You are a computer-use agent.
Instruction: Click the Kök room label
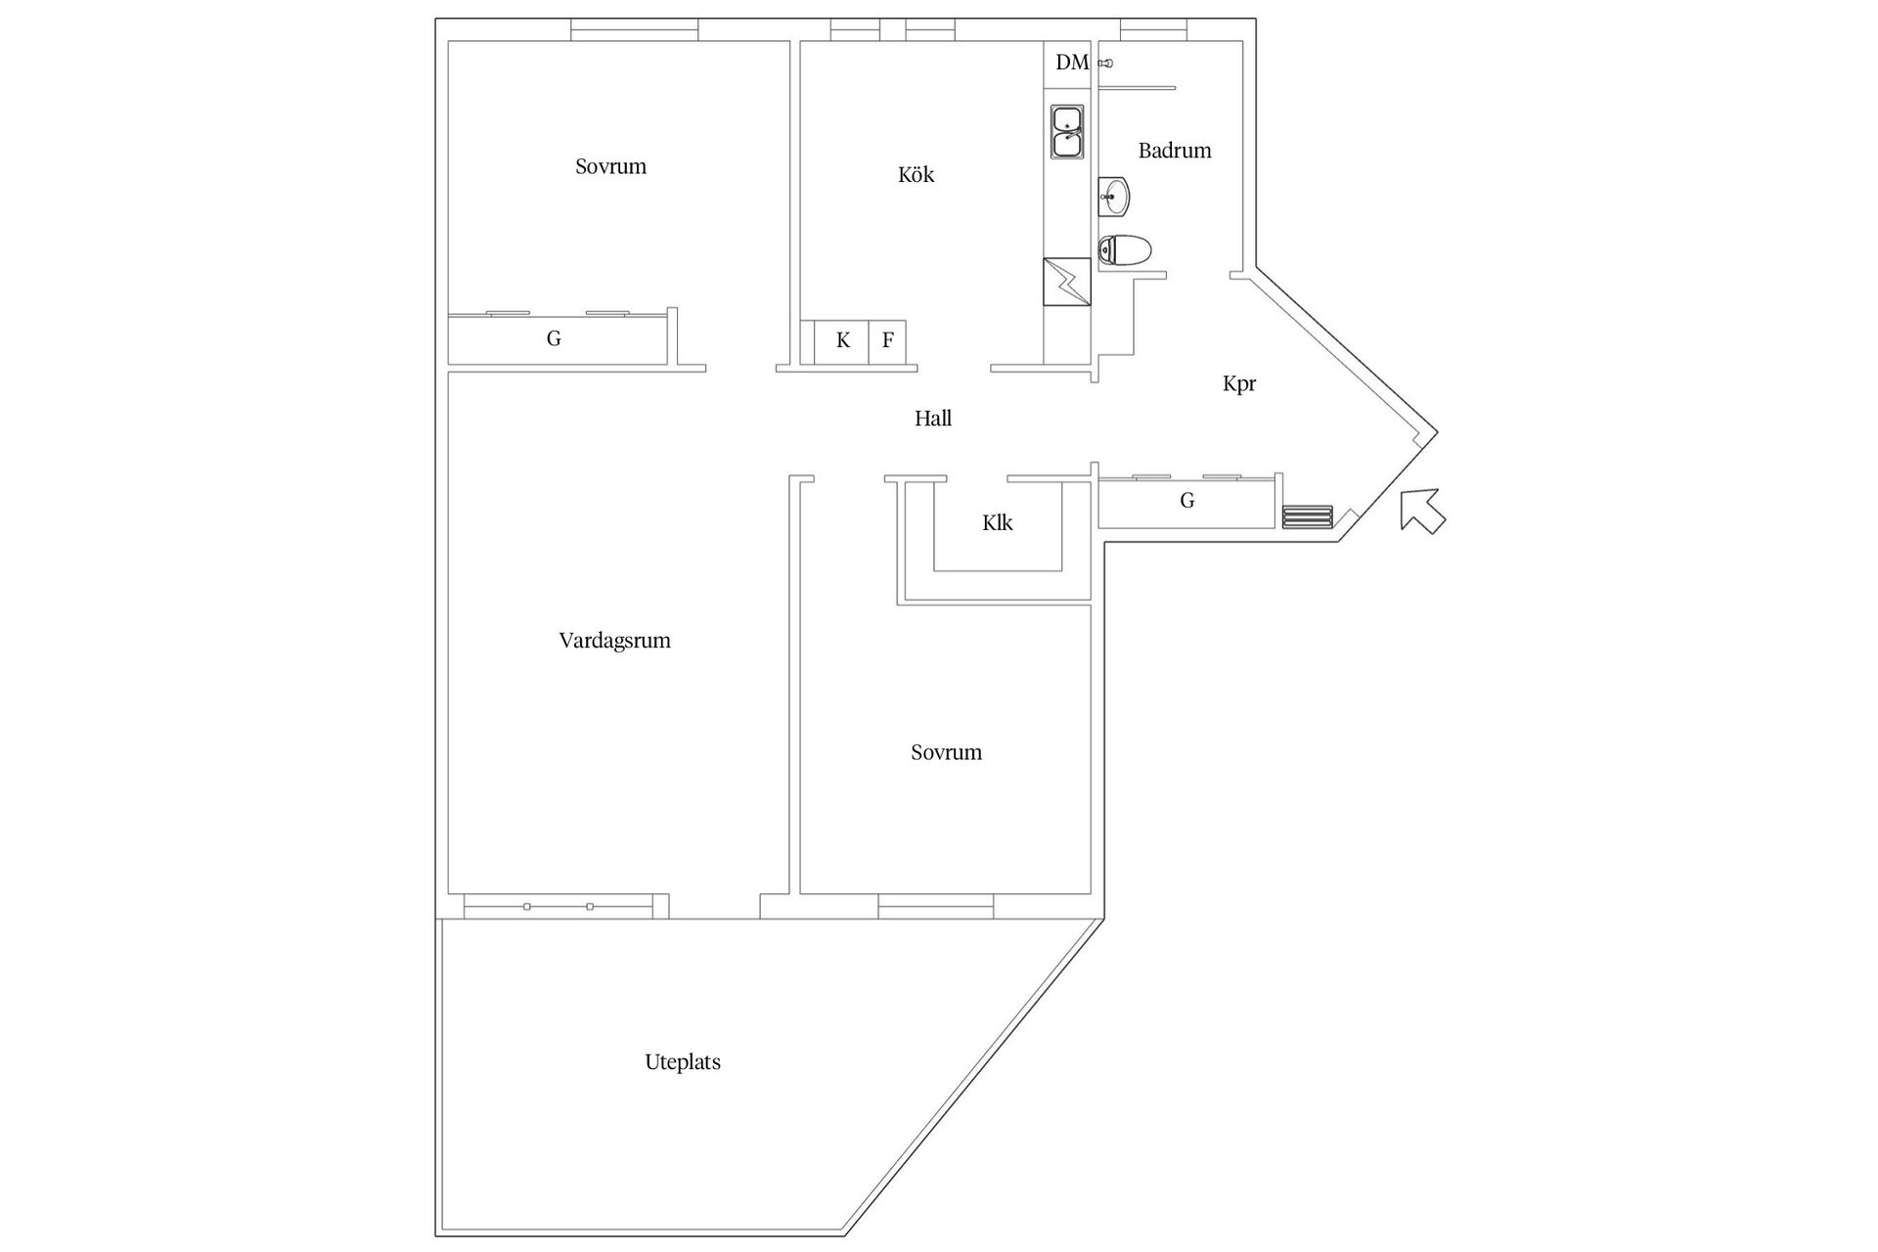pyautogui.click(x=916, y=175)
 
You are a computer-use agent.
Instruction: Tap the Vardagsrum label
pyautogui.click(x=614, y=641)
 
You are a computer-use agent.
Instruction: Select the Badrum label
pyautogui.click(x=1174, y=151)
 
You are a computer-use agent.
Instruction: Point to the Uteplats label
pyautogui.click(x=682, y=1062)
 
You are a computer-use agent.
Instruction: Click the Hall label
pyautogui.click(x=932, y=419)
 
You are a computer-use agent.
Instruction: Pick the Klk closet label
pyautogui.click(x=997, y=522)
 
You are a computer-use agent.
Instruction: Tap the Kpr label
pyautogui.click(x=1238, y=383)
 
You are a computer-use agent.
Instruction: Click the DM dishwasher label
pyautogui.click(x=1071, y=63)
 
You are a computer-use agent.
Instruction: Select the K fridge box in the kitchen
pyautogui.click(x=842, y=341)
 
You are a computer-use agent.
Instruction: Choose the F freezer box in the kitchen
pyautogui.click(x=887, y=341)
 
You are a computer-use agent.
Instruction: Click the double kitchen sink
pyautogui.click(x=1066, y=132)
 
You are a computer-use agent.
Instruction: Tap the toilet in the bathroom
pyautogui.click(x=1124, y=250)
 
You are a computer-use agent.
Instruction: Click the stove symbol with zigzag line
pyautogui.click(x=1066, y=282)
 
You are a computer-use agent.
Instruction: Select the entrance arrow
pyautogui.click(x=1421, y=511)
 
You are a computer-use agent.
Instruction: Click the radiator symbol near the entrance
pyautogui.click(x=1307, y=516)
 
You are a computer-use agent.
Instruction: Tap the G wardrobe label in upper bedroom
pyautogui.click(x=554, y=339)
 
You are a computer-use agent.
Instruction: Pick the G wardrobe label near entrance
pyautogui.click(x=1186, y=501)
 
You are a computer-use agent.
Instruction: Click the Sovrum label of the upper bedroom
pyautogui.click(x=610, y=166)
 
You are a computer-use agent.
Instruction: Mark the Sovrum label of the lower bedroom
pyautogui.click(x=946, y=752)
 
